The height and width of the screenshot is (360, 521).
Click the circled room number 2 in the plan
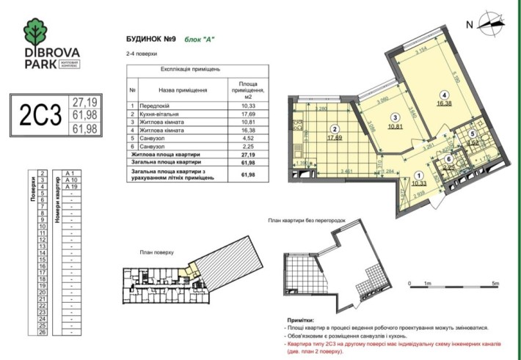[x=334, y=125]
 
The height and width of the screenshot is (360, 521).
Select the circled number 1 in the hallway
[x=419, y=175]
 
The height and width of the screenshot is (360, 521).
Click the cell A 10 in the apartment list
[x=72, y=180]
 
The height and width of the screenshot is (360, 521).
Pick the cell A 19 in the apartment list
[x=72, y=187]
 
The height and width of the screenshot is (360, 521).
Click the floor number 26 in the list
[x=43, y=332]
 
